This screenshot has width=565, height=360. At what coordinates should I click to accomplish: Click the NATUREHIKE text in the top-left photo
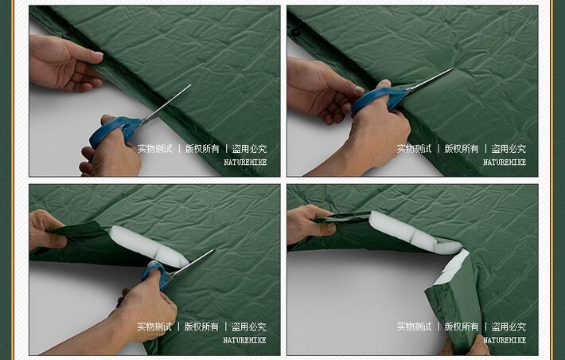[x=245, y=162]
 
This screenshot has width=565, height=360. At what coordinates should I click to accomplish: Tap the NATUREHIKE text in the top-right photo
[x=505, y=162]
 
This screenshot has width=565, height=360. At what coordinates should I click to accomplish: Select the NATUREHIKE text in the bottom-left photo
[x=244, y=340]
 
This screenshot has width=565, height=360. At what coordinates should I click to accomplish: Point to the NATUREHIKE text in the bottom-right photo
[x=505, y=340]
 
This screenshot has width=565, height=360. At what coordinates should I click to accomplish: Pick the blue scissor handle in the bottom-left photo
[x=156, y=274]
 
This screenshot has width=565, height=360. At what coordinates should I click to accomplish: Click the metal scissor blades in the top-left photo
[x=166, y=104]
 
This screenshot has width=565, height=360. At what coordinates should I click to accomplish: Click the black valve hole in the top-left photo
[x=66, y=35]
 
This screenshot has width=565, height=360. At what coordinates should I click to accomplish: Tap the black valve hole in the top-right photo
[x=296, y=33]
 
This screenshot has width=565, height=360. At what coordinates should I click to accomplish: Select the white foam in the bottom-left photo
[x=149, y=246]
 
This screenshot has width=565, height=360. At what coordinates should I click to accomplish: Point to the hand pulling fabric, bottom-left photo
[x=45, y=230]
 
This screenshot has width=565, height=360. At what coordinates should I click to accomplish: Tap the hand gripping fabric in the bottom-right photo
[x=310, y=224]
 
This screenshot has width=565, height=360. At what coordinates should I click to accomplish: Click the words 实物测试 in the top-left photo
[x=155, y=149]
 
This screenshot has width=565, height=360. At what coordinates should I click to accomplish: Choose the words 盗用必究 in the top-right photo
[x=509, y=149]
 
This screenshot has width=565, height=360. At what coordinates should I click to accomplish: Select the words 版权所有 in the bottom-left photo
[x=201, y=327]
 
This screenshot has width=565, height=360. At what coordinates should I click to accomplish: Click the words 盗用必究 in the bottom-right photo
[x=509, y=327]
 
